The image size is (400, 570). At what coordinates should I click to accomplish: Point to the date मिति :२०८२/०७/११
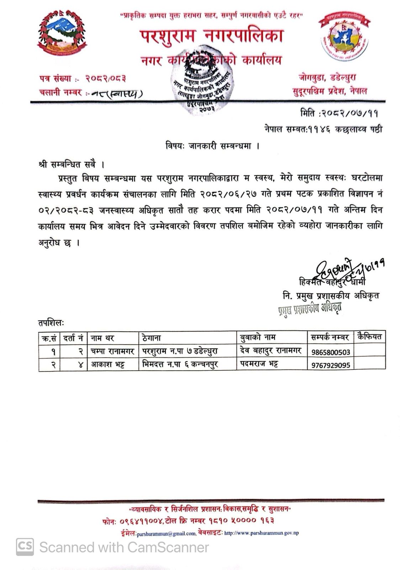pyautogui.click(x=339, y=113)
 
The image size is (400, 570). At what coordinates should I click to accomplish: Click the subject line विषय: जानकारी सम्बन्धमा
pyautogui.click(x=212, y=146)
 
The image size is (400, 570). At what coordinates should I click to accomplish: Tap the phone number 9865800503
pyautogui.click(x=331, y=352)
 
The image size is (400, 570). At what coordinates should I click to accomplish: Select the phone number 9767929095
pyautogui.click(x=331, y=365)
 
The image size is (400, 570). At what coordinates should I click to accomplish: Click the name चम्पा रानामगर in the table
pyautogui.click(x=112, y=352)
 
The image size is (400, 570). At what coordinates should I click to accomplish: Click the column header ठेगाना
pyautogui.click(x=151, y=337)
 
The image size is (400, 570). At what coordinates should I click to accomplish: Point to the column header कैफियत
pyautogui.click(x=370, y=336)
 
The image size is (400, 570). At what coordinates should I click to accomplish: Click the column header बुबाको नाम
pyautogui.click(x=258, y=337)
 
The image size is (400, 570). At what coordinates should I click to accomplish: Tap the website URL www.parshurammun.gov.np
pyautogui.click(x=262, y=533)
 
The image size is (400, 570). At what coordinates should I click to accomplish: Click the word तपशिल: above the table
pyautogui.click(x=51, y=323)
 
